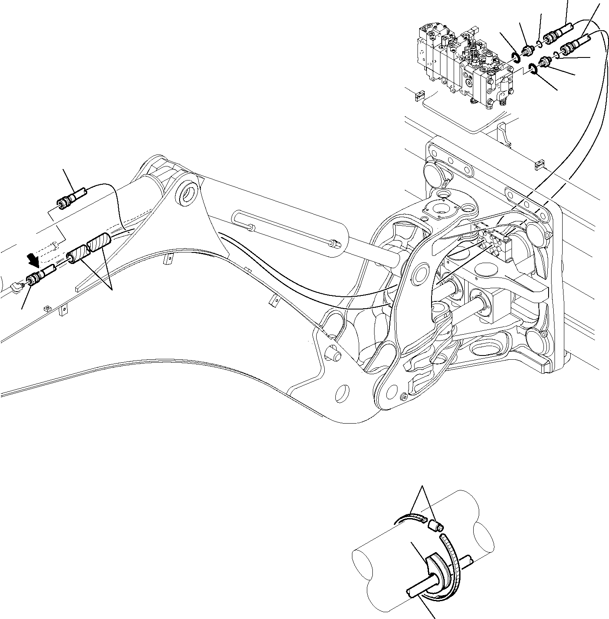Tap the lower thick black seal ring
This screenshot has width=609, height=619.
point(532,68)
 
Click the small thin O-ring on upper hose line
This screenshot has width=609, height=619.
point(540,43)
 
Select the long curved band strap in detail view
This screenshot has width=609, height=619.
point(453,566)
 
